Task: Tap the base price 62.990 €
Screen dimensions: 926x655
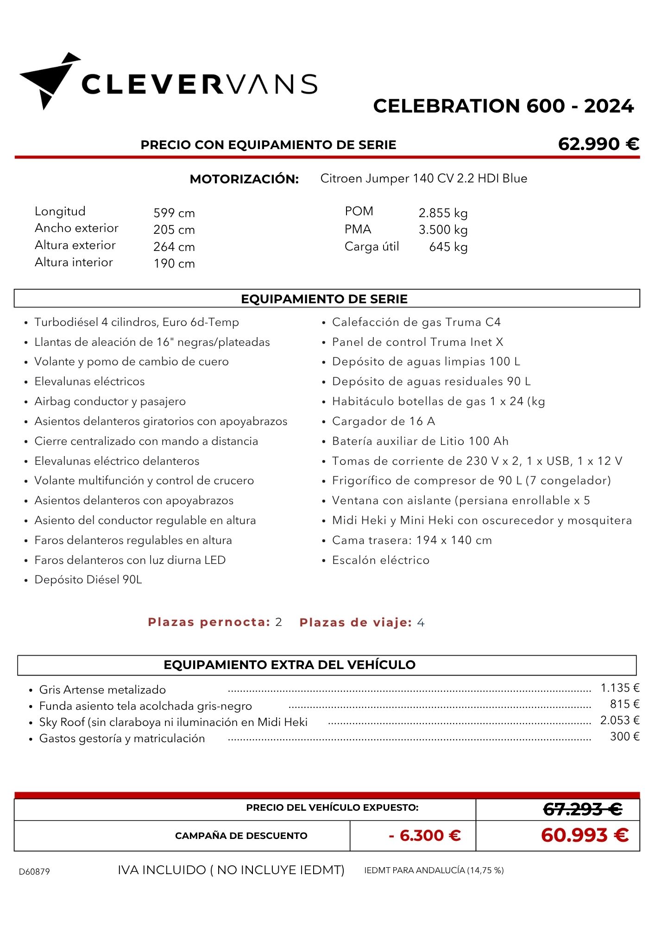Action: [598, 144]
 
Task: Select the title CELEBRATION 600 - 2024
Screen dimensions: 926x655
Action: [503, 106]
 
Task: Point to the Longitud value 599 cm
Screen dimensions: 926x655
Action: [174, 213]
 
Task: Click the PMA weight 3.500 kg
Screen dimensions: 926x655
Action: [443, 230]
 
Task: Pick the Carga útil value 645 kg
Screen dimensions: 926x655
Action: [448, 247]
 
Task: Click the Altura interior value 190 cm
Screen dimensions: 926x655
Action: [174, 263]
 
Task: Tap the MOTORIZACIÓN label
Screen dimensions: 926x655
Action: [244, 179]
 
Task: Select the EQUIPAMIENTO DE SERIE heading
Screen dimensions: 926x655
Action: [324, 299]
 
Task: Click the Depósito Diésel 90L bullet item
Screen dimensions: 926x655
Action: [88, 580]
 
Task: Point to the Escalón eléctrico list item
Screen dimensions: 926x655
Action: [380, 560]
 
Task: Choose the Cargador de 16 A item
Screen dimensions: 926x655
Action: [383, 421]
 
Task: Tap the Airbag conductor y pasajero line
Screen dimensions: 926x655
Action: [110, 401]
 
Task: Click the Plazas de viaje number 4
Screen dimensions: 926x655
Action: [421, 622]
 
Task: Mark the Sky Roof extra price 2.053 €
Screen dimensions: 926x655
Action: [619, 720]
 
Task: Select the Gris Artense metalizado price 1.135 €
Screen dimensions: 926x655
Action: [620, 688]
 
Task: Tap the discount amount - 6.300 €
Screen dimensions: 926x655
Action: [425, 835]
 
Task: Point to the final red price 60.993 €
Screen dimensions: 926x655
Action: [585, 835]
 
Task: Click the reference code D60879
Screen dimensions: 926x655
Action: [34, 871]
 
